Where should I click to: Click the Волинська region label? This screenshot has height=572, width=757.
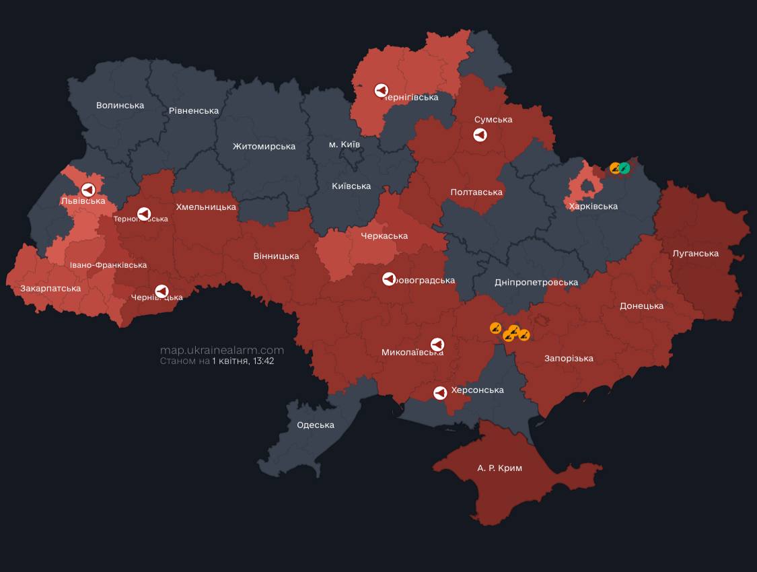pyautogui.click(x=120, y=106)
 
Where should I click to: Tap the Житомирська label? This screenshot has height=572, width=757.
pyautogui.click(x=264, y=147)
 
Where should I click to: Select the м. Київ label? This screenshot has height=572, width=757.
pyautogui.click(x=344, y=145)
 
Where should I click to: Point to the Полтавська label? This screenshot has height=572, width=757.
pyautogui.click(x=476, y=192)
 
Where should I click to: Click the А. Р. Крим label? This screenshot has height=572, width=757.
pyautogui.click(x=499, y=468)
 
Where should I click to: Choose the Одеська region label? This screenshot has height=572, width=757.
pyautogui.click(x=316, y=425)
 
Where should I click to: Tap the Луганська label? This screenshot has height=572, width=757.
pyautogui.click(x=695, y=254)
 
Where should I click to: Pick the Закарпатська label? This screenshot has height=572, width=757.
pyautogui.click(x=50, y=289)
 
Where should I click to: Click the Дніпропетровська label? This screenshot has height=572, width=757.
pyautogui.click(x=536, y=283)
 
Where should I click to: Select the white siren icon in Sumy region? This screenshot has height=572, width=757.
pyautogui.click(x=480, y=135)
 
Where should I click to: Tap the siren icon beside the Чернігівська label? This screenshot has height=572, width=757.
pyautogui.click(x=381, y=90)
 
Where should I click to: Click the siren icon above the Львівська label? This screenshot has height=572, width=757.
pyautogui.click(x=87, y=190)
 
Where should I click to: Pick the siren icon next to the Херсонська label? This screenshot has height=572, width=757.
pyautogui.click(x=440, y=392)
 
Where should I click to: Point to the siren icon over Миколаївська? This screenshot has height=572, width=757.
pyautogui.click(x=437, y=345)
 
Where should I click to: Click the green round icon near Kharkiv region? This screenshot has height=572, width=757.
pyautogui.click(x=624, y=168)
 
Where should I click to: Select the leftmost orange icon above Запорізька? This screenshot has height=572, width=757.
pyautogui.click(x=495, y=328)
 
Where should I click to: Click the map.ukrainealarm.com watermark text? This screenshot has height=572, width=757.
pyautogui.click(x=221, y=351)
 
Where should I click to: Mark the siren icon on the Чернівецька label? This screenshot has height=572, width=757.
pyautogui.click(x=161, y=291)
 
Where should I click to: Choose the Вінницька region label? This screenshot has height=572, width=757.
pyautogui.click(x=276, y=256)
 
